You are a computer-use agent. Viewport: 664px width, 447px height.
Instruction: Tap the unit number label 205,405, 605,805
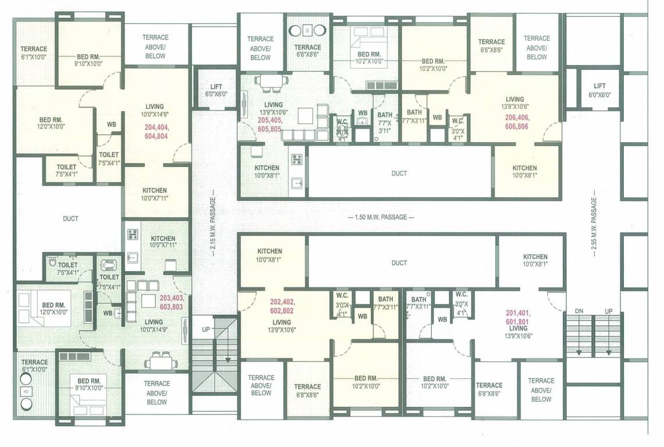point(270,124)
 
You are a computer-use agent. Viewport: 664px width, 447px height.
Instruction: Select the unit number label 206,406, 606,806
point(513,121)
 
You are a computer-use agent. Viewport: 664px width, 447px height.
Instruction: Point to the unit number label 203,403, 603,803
point(171,302)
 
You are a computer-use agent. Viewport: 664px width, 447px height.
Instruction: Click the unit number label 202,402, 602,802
point(282,306)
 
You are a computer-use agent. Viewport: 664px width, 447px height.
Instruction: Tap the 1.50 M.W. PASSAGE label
point(381,217)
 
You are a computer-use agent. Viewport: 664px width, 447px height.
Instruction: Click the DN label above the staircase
point(578,311)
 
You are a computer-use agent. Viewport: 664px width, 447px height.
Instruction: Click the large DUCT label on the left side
point(71,219)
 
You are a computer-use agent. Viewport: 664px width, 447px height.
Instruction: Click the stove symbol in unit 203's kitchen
point(132,235)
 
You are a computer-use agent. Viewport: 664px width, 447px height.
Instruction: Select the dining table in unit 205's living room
point(272,81)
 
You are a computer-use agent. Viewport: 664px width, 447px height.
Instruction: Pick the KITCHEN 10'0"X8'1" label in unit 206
point(524,171)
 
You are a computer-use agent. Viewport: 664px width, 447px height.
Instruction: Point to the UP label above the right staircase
point(608,311)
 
